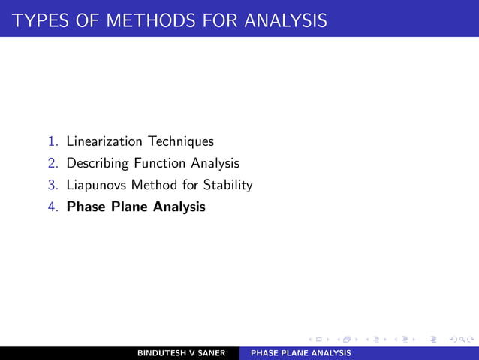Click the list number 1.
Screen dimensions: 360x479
coord(53,141)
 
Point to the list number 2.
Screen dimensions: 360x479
coord(53,163)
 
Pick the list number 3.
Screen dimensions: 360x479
coord(53,185)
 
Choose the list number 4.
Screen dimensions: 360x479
coord(53,207)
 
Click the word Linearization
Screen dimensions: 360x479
coord(104,141)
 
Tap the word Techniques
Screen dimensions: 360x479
coord(180,141)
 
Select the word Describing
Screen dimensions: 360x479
coord(98,163)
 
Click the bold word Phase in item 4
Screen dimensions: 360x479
coord(85,207)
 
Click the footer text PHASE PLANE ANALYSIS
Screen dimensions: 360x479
coord(300,352)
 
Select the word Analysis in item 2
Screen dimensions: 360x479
coord(214,163)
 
